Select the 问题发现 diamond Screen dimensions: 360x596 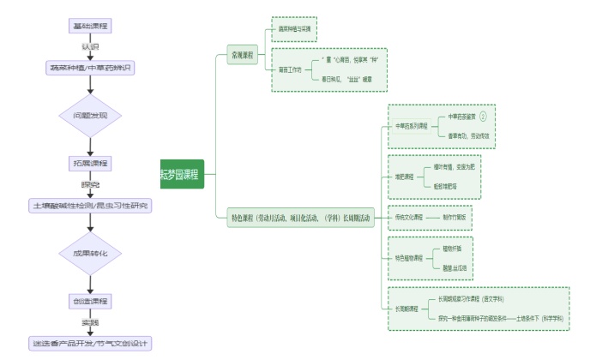(90, 114)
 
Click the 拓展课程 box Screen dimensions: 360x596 (90, 162)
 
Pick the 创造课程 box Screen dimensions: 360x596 (90, 301)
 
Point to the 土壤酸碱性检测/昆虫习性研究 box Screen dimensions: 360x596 (90, 206)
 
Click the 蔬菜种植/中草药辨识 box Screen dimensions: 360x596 (90, 67)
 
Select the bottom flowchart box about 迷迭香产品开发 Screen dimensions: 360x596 (90, 344)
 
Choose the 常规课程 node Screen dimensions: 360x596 (242, 56)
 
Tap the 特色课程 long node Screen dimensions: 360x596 (300, 219)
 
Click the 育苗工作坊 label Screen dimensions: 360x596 (290, 69)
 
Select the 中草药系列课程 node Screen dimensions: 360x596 (412, 126)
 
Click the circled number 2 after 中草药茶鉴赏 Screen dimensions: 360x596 (482, 116)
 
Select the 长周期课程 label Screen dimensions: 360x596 (406, 308)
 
